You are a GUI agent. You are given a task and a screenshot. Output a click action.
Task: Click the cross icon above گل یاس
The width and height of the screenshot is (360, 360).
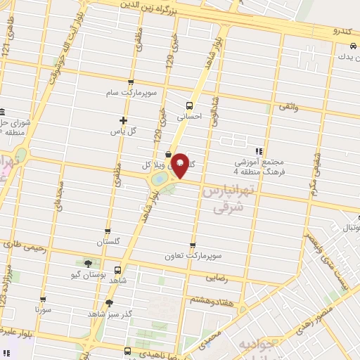pyautogui.click(x=124, y=120)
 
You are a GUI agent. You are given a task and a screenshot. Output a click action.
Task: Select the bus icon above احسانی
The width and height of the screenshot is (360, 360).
pyautogui.click(x=188, y=105)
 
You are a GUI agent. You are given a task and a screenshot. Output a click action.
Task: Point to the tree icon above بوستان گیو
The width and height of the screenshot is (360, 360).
pyautogui.click(x=88, y=264)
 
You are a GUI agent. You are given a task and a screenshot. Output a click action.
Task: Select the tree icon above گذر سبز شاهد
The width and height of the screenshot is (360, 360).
pyautogui.click(x=109, y=303)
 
